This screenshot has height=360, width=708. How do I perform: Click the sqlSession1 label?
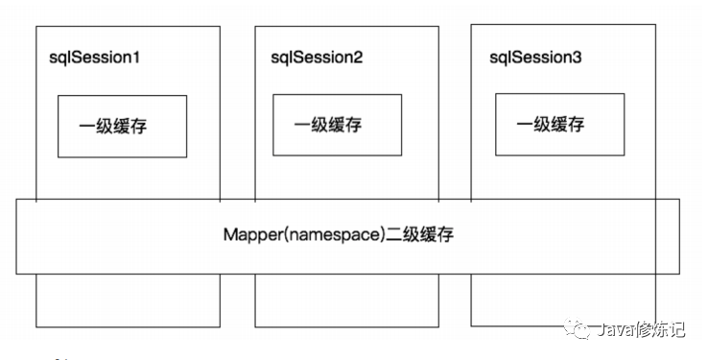click(94, 59)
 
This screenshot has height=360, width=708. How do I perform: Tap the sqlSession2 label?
click(317, 59)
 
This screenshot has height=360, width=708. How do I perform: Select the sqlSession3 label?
click(535, 59)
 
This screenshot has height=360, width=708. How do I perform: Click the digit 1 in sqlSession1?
click(135, 58)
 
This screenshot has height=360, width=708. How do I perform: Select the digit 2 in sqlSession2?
click(358, 58)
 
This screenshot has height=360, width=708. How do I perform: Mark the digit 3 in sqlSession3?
click(577, 58)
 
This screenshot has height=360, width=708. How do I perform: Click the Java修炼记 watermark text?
click(641, 329)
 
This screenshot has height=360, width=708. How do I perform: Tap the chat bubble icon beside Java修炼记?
click(577, 328)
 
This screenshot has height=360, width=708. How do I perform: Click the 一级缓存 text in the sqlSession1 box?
click(113, 126)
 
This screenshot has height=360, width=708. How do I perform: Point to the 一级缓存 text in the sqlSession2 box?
click(328, 125)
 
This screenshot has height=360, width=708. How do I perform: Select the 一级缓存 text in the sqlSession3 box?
click(551, 124)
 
